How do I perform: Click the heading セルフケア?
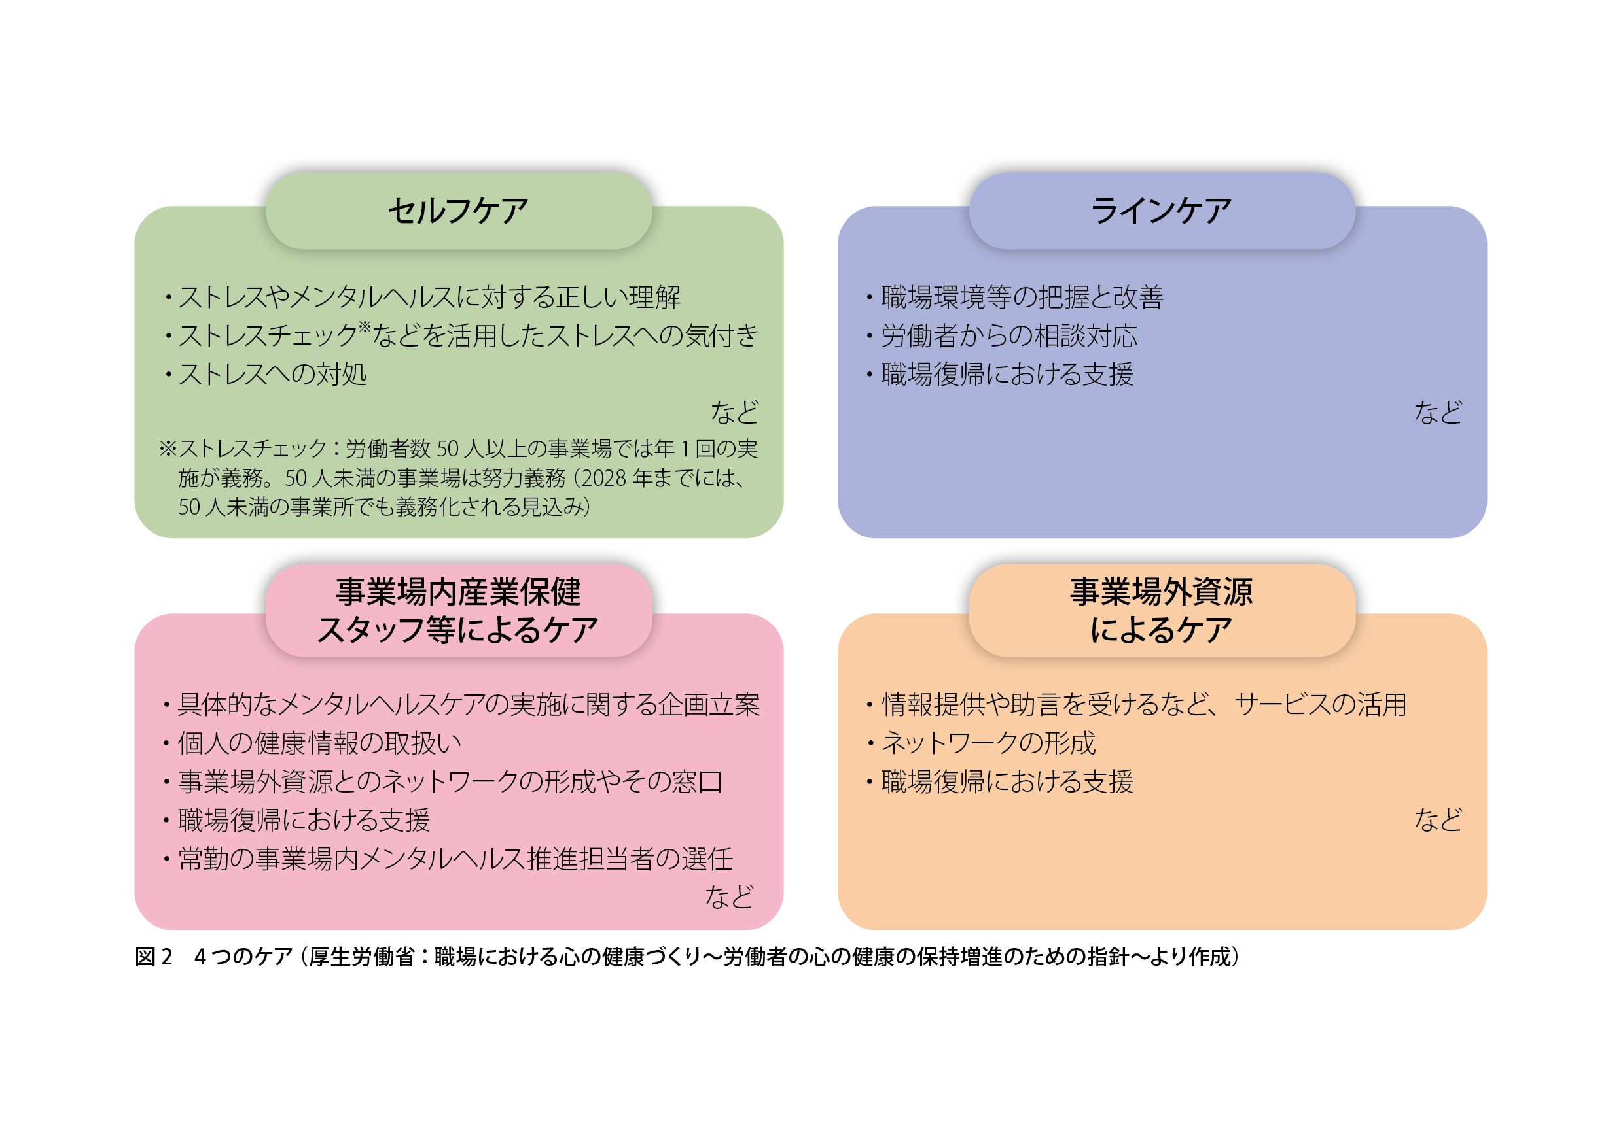tap(458, 211)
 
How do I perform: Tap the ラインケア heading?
tap(1162, 211)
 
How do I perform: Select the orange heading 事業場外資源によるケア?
tap(1162, 610)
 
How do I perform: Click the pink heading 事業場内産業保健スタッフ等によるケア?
tap(458, 610)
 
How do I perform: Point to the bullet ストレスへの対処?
tap(272, 374)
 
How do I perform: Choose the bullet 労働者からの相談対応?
tap(1009, 335)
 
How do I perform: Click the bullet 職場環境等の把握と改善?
tap(1022, 297)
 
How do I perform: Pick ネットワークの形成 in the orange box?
tap(988, 742)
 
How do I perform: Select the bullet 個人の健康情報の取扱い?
tap(319, 742)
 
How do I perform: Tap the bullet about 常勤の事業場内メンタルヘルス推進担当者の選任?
tap(455, 859)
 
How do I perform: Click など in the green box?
tap(734, 412)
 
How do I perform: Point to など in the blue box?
tap(1438, 412)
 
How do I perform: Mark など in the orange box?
tap(1438, 819)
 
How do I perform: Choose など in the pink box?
tap(730, 896)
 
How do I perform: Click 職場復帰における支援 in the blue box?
tap(1007, 374)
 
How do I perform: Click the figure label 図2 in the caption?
tap(153, 957)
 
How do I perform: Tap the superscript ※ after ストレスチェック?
tap(365, 326)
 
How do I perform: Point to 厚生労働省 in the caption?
tap(361, 957)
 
